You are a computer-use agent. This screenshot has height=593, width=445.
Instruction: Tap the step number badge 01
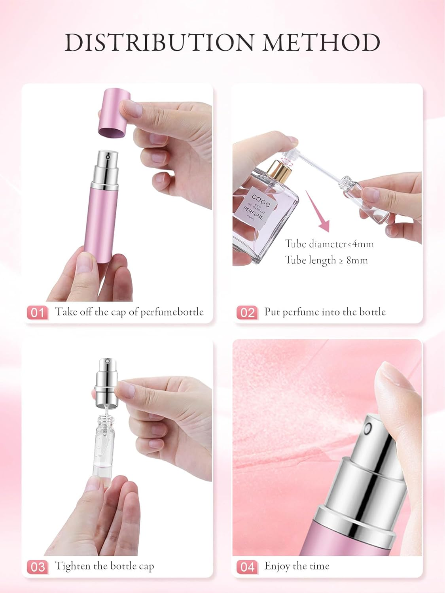[x=37, y=313]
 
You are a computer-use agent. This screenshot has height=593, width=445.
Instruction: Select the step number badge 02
[x=247, y=313]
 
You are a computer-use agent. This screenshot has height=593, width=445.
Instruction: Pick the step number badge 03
[x=37, y=567]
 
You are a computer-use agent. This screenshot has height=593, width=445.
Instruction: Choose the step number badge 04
[x=247, y=567]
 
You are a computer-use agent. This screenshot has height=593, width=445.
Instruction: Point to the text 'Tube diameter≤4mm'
[x=329, y=244]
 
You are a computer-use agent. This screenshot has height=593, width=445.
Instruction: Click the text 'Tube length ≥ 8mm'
[x=326, y=260]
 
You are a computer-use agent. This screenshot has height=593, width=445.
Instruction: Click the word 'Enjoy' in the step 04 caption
[x=277, y=566]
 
